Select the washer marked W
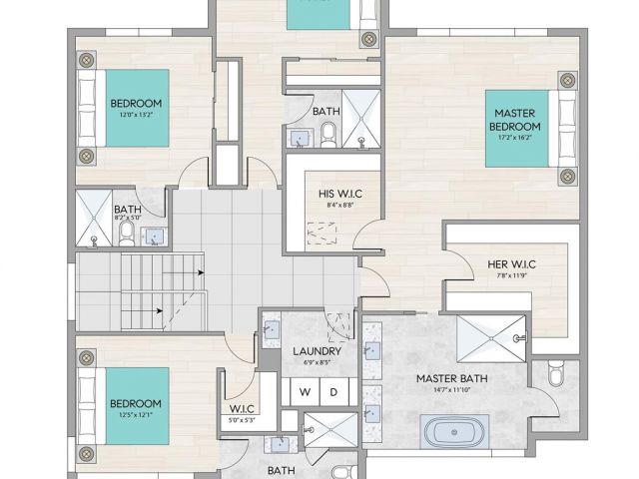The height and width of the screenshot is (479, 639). click(306, 392)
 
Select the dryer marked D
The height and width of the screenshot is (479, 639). click(334, 392)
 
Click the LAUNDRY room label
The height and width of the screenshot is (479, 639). click(318, 351)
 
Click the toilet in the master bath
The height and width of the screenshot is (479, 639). click(556, 375)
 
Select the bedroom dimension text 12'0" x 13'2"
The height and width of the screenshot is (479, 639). click(136, 114)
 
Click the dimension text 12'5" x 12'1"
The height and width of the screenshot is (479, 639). click(135, 415)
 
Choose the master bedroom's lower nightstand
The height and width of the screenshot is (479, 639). click(568, 177)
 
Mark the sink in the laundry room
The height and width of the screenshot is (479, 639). click(271, 326)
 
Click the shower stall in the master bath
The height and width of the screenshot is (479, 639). click(490, 338)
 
